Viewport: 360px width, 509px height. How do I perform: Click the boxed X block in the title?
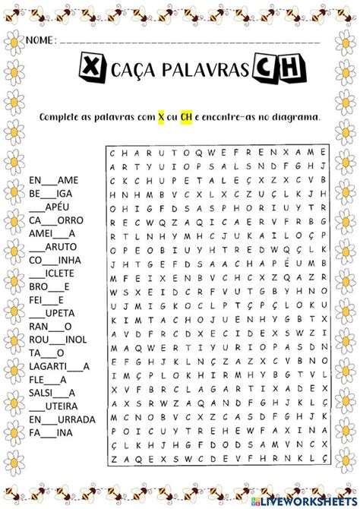tap(91, 71)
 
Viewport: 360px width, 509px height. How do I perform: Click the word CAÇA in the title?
tap(134, 71)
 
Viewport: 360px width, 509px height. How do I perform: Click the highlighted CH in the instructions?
tap(186, 116)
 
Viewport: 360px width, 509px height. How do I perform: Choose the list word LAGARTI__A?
tap(60, 365)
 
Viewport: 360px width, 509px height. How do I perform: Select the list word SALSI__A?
tap(52, 392)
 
